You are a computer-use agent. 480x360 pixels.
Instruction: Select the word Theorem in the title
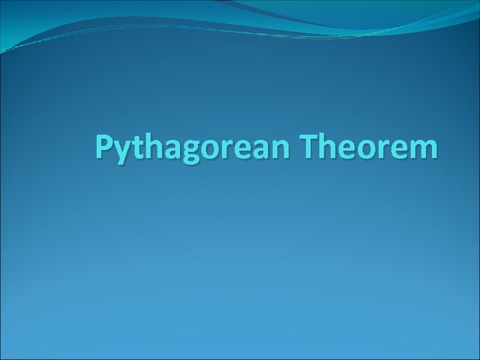click(370, 147)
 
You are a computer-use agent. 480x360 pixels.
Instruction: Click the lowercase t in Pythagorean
click(137, 147)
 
